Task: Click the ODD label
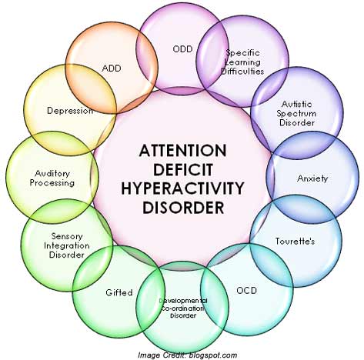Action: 182,48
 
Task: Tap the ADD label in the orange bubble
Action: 112,68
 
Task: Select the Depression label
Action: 70,111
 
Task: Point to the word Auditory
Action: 52,174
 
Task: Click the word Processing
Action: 52,183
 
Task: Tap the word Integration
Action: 67,245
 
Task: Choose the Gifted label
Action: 119,292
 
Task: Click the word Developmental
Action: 183,301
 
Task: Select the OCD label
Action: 246,291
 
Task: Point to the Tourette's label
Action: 295,241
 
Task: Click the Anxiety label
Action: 312,178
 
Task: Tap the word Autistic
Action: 297,104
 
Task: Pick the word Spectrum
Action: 296,113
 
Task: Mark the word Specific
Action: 242,53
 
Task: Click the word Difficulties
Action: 242,71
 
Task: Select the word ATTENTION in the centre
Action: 182,150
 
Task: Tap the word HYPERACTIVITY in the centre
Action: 182,188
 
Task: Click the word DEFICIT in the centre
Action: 183,169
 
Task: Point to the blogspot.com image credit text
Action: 213,355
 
